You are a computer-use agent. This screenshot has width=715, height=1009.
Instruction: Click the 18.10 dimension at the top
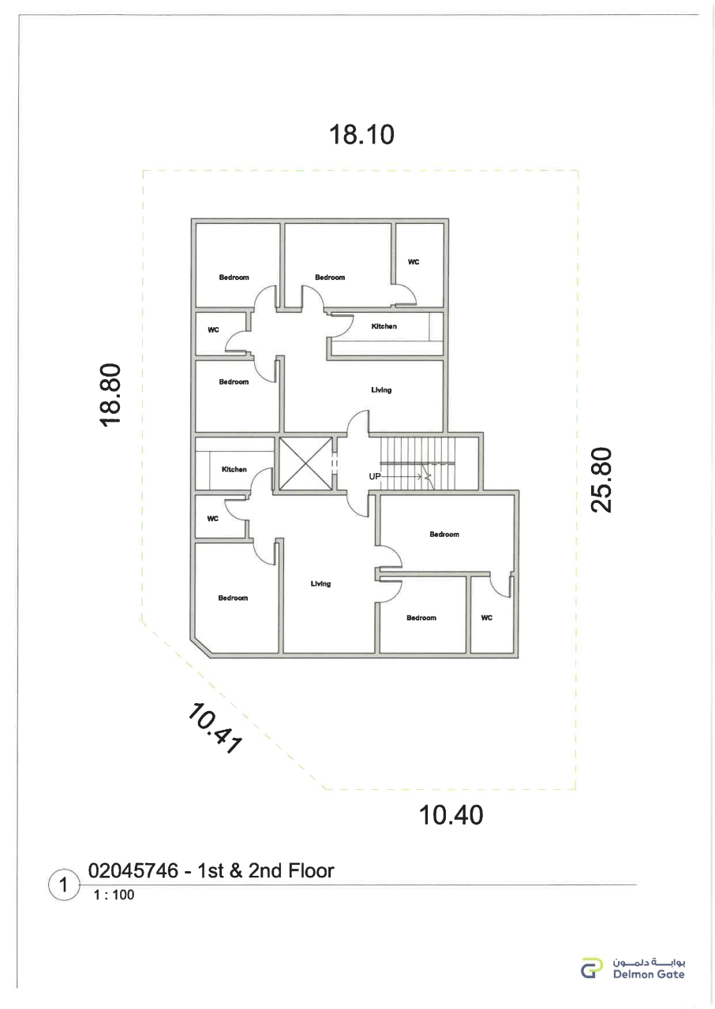(361, 134)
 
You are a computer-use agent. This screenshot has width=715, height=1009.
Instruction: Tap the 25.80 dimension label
(601, 480)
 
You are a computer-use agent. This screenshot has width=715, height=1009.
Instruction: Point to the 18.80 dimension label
(110, 395)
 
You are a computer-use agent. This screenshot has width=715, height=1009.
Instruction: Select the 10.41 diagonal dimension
(213, 728)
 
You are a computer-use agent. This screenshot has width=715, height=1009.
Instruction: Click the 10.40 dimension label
(451, 815)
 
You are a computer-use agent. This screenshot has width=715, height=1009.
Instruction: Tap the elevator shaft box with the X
(305, 464)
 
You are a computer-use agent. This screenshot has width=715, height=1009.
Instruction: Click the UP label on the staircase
(375, 476)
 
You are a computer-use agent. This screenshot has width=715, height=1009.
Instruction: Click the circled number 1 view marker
(64, 884)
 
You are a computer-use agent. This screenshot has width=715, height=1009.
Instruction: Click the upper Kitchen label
(384, 326)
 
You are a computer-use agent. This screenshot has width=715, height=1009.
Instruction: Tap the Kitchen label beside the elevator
(234, 469)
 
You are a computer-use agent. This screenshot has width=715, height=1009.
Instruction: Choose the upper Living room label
(381, 390)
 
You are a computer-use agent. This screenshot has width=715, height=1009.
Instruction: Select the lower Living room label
(320, 584)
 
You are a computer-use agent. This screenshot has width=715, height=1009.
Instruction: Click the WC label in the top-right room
(414, 262)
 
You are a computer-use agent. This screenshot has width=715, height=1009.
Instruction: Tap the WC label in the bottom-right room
(486, 617)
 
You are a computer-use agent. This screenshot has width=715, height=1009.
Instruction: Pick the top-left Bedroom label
(234, 277)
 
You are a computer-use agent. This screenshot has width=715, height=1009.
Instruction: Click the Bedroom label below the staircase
(444, 534)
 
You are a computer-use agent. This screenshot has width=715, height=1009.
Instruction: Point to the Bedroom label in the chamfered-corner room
(233, 598)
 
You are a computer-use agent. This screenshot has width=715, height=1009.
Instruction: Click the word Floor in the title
(311, 871)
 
